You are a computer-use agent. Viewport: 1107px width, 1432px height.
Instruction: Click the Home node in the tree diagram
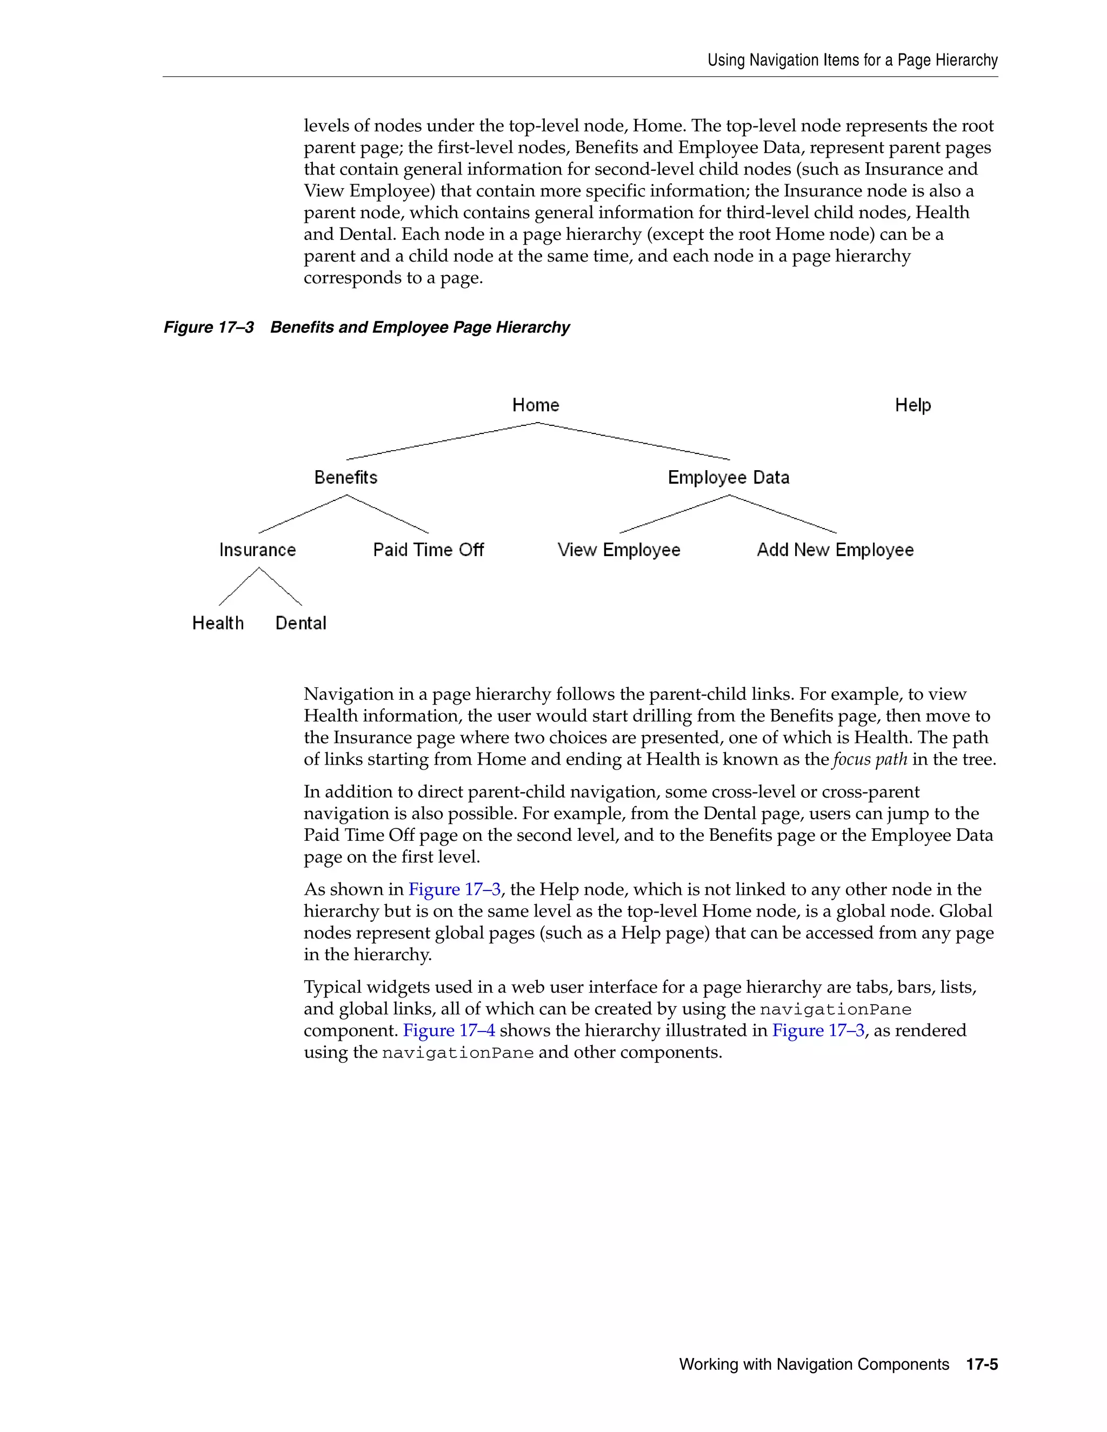(x=535, y=405)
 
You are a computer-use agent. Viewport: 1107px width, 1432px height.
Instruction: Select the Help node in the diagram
(x=912, y=405)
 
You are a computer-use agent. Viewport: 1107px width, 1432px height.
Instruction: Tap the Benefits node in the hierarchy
(x=345, y=477)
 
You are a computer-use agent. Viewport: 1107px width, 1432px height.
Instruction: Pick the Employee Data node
(x=728, y=477)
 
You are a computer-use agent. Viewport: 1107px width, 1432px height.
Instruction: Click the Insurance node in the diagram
(x=257, y=550)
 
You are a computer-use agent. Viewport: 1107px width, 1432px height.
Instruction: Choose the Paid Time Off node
(x=428, y=550)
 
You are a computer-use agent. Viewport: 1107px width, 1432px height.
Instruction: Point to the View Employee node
(x=618, y=550)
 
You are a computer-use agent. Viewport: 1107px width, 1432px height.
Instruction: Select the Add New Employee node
(x=835, y=550)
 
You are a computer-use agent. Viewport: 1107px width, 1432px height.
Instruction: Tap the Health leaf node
(x=218, y=623)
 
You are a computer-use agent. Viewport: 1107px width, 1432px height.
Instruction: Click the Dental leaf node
(x=301, y=623)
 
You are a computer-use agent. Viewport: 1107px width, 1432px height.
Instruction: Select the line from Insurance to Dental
(x=281, y=586)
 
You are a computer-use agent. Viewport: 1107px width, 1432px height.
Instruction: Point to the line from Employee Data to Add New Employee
(x=782, y=513)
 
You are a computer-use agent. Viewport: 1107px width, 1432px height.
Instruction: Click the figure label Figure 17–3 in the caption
(x=209, y=327)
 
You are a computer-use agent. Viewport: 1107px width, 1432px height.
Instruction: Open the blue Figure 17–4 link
(x=449, y=1030)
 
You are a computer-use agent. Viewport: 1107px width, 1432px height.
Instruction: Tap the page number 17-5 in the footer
(x=982, y=1364)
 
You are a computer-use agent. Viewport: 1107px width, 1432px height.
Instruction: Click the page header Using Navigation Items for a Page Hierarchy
(x=852, y=61)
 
